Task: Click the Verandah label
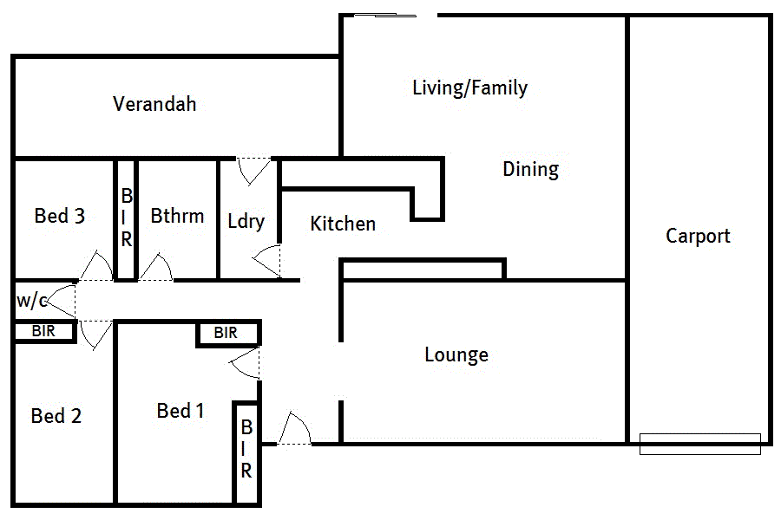click(x=154, y=104)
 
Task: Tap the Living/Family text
click(x=469, y=88)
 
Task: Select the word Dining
click(x=530, y=169)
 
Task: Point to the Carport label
click(x=698, y=236)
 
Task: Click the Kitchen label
click(x=343, y=224)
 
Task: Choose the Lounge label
click(x=456, y=354)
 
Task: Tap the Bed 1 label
click(x=180, y=411)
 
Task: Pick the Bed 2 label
click(x=56, y=416)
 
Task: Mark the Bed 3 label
click(x=59, y=216)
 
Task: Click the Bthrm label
click(x=177, y=216)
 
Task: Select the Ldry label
click(x=246, y=221)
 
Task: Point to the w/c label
click(x=31, y=302)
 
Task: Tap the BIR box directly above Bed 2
click(x=43, y=331)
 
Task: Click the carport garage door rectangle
click(x=699, y=444)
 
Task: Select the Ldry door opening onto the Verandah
click(x=254, y=169)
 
